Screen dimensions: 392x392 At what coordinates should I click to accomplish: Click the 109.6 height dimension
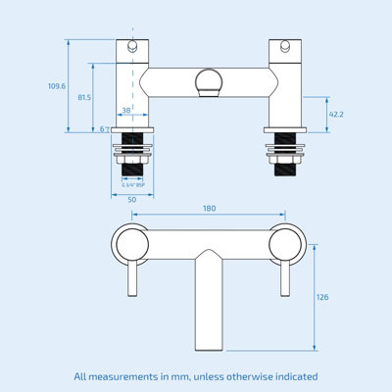coord(56,86)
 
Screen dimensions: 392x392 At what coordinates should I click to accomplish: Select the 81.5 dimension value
coord(85,97)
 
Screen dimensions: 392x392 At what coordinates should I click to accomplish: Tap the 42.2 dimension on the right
coord(335,114)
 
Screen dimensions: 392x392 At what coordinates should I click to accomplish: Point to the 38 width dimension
coord(125,111)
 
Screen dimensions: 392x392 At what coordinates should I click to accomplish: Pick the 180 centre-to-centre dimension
coord(209,208)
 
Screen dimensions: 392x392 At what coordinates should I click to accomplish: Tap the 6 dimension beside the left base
coord(103,128)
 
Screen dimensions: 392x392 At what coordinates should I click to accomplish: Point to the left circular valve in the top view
coord(129,243)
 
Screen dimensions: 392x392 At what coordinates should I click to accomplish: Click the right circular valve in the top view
coord(287,243)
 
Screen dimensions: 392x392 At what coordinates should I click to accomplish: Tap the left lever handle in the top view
coord(129,289)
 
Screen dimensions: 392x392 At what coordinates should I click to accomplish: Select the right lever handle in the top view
coord(287,289)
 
